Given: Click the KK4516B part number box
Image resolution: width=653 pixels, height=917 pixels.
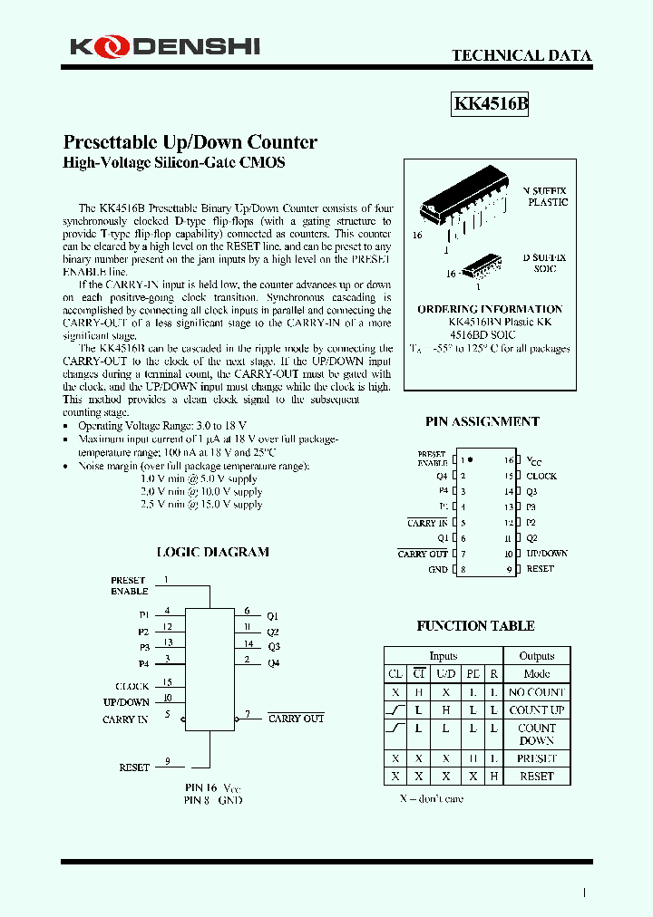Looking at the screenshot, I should coord(490,104).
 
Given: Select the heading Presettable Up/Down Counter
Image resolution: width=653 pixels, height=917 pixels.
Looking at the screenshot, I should coord(190,142).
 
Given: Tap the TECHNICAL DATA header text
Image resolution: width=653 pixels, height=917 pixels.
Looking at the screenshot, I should coord(521,56).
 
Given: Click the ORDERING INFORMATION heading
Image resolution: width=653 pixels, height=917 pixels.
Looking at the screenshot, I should coord(490,309).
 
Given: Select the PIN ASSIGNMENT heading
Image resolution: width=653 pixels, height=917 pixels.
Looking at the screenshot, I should coord(482,421).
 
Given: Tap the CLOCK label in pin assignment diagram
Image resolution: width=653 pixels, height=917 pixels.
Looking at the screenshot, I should coord(541,476).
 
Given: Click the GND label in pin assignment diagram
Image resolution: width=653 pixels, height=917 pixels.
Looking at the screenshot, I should coord(438,569).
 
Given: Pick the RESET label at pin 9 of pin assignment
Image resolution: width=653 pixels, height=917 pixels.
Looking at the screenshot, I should coord(540,569).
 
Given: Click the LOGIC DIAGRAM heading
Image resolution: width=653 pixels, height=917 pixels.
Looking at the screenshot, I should coord(212,552).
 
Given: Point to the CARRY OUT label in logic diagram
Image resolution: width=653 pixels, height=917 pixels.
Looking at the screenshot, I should coord(297,719).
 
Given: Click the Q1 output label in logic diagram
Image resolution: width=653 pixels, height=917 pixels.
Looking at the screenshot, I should coord(273,615).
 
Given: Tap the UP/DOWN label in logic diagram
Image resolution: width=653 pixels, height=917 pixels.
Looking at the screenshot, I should coord(126,702).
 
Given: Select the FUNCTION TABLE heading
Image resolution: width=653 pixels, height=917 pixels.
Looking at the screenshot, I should coord(475,626).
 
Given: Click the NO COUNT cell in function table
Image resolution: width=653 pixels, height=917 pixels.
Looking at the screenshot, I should coord(537,692).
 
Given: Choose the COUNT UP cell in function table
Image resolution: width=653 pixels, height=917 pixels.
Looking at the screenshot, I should coord(537,710).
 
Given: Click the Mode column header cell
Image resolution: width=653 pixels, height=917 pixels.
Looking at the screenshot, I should coord(537,674).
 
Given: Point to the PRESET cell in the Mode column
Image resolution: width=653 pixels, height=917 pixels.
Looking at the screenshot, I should coord(537,758).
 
